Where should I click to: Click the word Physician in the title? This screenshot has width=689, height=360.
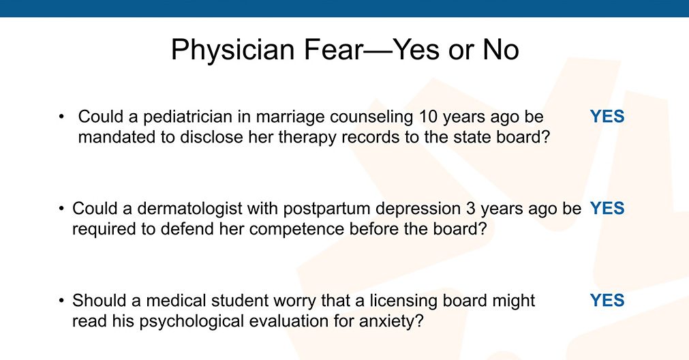pyautogui.click(x=233, y=50)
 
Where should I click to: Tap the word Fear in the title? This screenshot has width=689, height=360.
pyautogui.click(x=333, y=49)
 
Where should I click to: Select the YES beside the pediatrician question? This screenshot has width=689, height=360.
pyautogui.click(x=607, y=117)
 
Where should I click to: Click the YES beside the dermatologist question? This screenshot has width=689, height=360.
pyautogui.click(x=607, y=209)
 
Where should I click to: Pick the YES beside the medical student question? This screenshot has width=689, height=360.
pyautogui.click(x=607, y=300)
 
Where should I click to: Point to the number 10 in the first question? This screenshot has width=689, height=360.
pyautogui.click(x=428, y=117)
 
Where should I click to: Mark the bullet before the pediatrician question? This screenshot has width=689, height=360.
pyautogui.click(x=61, y=117)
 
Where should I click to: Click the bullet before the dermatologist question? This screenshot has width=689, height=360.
pyautogui.click(x=61, y=209)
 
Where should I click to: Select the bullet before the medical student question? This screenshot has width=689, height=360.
pyautogui.click(x=61, y=301)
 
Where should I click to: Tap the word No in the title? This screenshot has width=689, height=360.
pyautogui.click(x=501, y=49)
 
